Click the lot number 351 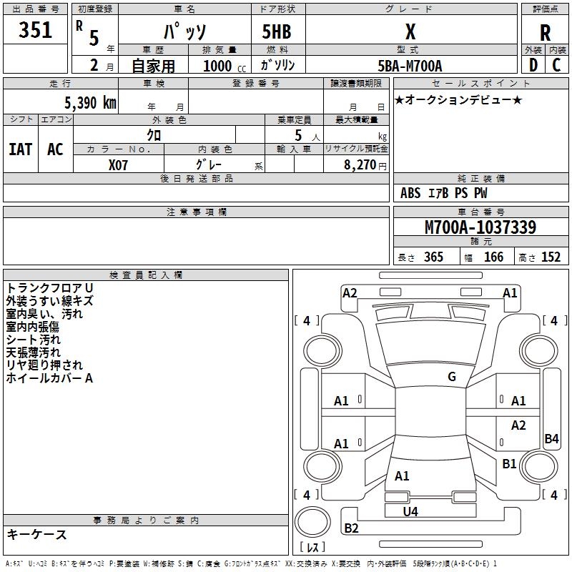pyautogui.click(x=35, y=30)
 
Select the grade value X pyautogui.click(x=410, y=31)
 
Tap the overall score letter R pyautogui.click(x=545, y=33)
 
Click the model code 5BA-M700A pyautogui.click(x=410, y=66)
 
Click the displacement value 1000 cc pyautogui.click(x=224, y=66)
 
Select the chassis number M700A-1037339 pyautogui.click(x=480, y=228)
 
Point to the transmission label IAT pyautogui.click(x=20, y=149)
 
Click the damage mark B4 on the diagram pyautogui.click(x=551, y=439)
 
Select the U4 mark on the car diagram pyautogui.click(x=410, y=511)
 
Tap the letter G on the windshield pyautogui.click(x=451, y=377)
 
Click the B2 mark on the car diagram pyautogui.click(x=351, y=528)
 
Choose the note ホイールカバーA pyautogui.click(x=49, y=378)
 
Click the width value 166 pyautogui.click(x=493, y=257)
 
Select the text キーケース pyautogui.click(x=36, y=534)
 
